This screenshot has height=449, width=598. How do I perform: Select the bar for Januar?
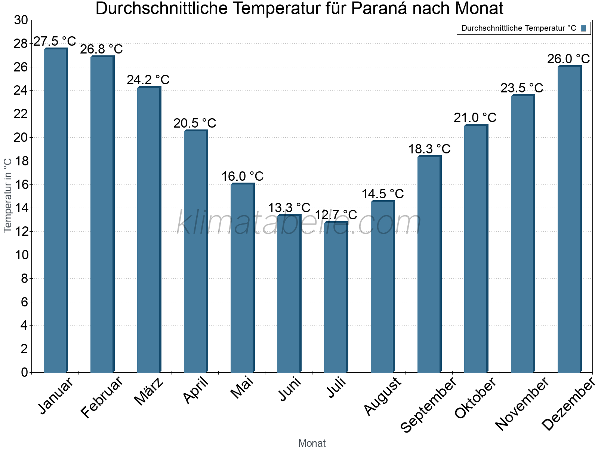point(55,210)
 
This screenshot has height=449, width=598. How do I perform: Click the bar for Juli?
point(336,297)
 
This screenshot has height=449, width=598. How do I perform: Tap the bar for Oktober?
point(476,249)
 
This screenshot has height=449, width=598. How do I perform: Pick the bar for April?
point(195,251)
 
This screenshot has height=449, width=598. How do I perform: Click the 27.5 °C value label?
point(55,41)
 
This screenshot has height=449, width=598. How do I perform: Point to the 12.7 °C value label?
point(336,215)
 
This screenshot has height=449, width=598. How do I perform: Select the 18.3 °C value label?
point(429,149)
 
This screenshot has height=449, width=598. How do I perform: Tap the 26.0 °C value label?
point(568,59)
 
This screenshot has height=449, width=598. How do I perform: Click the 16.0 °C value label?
point(243,176)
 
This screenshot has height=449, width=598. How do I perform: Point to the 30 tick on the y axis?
point(21,20)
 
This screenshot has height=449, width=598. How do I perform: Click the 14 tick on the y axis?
point(21,208)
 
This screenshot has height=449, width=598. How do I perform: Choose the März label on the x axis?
point(149,391)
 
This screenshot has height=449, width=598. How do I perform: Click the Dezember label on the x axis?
point(568,404)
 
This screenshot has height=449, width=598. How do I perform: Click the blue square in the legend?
point(584,28)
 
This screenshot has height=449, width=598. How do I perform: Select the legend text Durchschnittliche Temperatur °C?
point(519,28)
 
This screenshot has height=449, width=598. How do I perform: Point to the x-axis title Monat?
point(312,443)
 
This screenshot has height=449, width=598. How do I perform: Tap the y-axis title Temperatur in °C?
point(8,195)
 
